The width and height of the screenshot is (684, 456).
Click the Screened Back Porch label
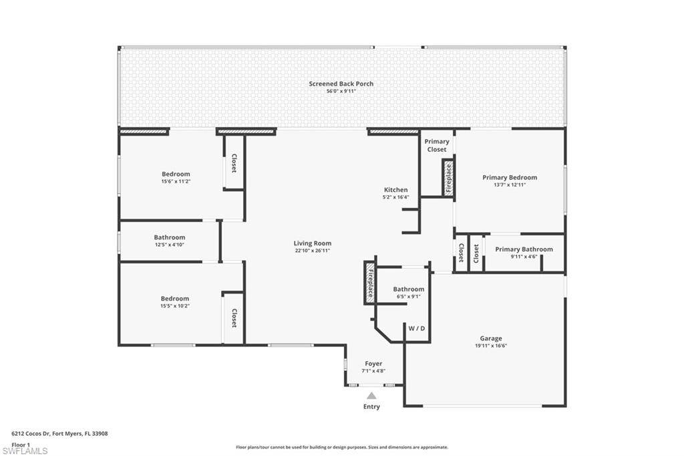point(341,84)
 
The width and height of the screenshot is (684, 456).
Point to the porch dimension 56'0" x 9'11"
point(341,91)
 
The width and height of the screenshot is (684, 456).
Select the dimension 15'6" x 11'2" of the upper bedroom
point(176,181)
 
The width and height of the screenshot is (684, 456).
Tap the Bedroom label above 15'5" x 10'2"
point(174,299)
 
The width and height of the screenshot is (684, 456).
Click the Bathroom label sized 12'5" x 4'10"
point(169,237)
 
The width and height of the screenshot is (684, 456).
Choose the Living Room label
point(313,243)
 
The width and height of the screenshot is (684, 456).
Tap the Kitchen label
point(395,190)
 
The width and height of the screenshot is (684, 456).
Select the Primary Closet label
point(437,145)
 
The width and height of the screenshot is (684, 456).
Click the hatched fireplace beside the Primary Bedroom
point(448,178)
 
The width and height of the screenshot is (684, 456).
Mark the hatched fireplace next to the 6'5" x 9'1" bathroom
point(369,282)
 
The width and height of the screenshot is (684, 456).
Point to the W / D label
point(417,328)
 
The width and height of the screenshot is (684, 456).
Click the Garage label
point(490,338)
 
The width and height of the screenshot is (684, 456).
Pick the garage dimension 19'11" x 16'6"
point(490,346)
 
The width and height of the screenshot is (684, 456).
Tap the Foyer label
point(373,364)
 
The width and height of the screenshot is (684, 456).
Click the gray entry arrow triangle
point(371,396)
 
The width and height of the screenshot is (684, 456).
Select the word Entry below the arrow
point(371,407)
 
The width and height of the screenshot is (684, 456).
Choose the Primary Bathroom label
point(524,249)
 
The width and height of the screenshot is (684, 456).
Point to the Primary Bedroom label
point(510,178)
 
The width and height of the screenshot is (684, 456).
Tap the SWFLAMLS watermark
point(25,451)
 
